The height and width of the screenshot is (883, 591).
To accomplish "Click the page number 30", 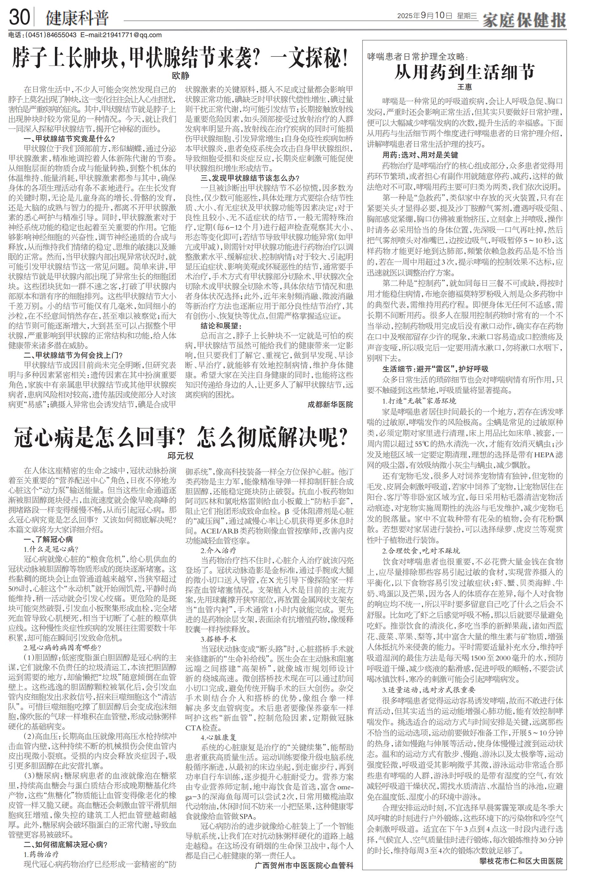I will coord(19,17).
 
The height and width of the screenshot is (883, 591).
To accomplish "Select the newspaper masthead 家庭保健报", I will coord(524,19).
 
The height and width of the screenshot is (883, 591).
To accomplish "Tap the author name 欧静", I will coord(180,75).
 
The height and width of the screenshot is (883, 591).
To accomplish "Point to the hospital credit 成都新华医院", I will coord(330,405).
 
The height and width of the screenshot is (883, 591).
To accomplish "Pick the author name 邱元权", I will coord(180,455).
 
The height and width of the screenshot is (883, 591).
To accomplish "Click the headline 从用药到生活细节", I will coord(464,72).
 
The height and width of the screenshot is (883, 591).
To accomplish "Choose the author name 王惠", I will coord(464,87).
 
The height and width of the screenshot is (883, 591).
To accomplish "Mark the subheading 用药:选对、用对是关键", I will coord(420,155).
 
